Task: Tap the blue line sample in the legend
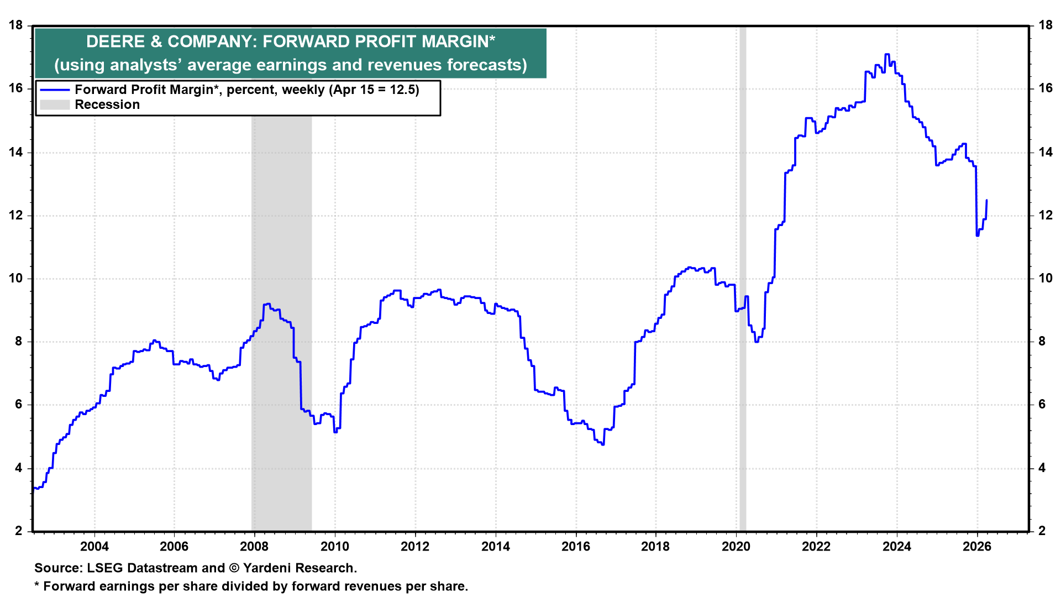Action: [x=55, y=90]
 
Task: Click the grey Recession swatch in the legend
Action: [x=55, y=104]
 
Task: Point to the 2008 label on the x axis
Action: [x=254, y=547]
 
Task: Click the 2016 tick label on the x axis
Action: [x=576, y=547]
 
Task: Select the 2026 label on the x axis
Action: [x=977, y=547]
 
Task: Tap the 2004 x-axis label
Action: [x=94, y=547]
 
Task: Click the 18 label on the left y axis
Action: [x=16, y=25]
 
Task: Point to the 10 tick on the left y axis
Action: [x=16, y=278]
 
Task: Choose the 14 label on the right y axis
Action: [x=1046, y=152]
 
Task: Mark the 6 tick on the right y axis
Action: [x=1042, y=405]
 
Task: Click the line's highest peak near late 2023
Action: [x=887, y=54]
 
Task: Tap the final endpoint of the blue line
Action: [x=987, y=200]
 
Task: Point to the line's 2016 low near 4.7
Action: [x=602, y=444]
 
